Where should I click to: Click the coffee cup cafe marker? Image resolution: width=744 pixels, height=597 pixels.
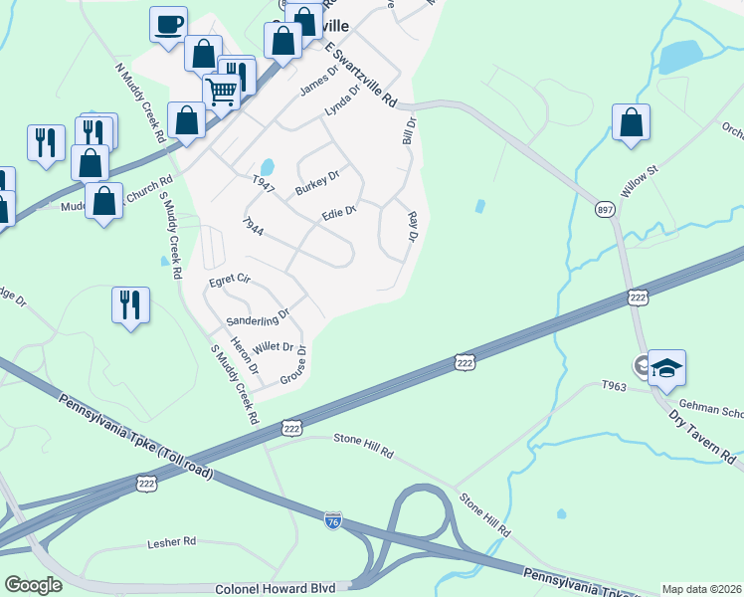pyautogui.click(x=168, y=23)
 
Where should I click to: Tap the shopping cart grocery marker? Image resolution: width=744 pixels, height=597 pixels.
pyautogui.click(x=222, y=92)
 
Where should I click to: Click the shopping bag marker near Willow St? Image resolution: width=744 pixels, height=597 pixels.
pyautogui.click(x=631, y=123)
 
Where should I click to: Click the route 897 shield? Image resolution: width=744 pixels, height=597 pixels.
pyautogui.click(x=605, y=210)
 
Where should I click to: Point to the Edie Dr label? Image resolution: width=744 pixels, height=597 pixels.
pyautogui.click(x=338, y=215)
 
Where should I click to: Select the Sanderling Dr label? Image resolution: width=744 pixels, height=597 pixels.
pyautogui.click(x=257, y=318)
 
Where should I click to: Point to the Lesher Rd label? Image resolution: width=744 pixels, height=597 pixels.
pyautogui.click(x=172, y=542)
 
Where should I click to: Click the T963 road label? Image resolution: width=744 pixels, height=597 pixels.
pyautogui.click(x=614, y=385)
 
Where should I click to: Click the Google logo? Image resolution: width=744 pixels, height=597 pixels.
pyautogui.click(x=33, y=585)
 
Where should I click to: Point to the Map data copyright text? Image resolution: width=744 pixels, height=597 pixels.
pyautogui.click(x=701, y=589)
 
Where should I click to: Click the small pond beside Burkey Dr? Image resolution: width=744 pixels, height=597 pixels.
pyautogui.click(x=267, y=167)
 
